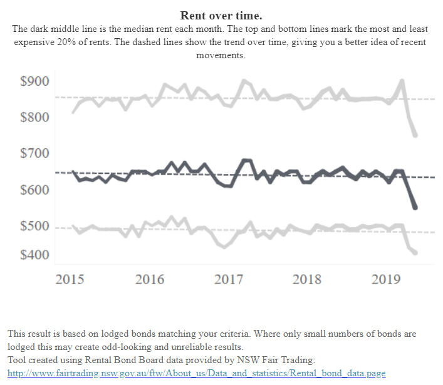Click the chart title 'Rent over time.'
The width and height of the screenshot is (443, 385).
click(221, 15)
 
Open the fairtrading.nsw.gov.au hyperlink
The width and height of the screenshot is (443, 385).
click(195, 373)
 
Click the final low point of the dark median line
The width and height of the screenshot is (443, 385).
click(415, 207)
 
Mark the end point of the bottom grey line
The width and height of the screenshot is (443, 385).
click(415, 252)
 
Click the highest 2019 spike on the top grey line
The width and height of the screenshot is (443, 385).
click(402, 81)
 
